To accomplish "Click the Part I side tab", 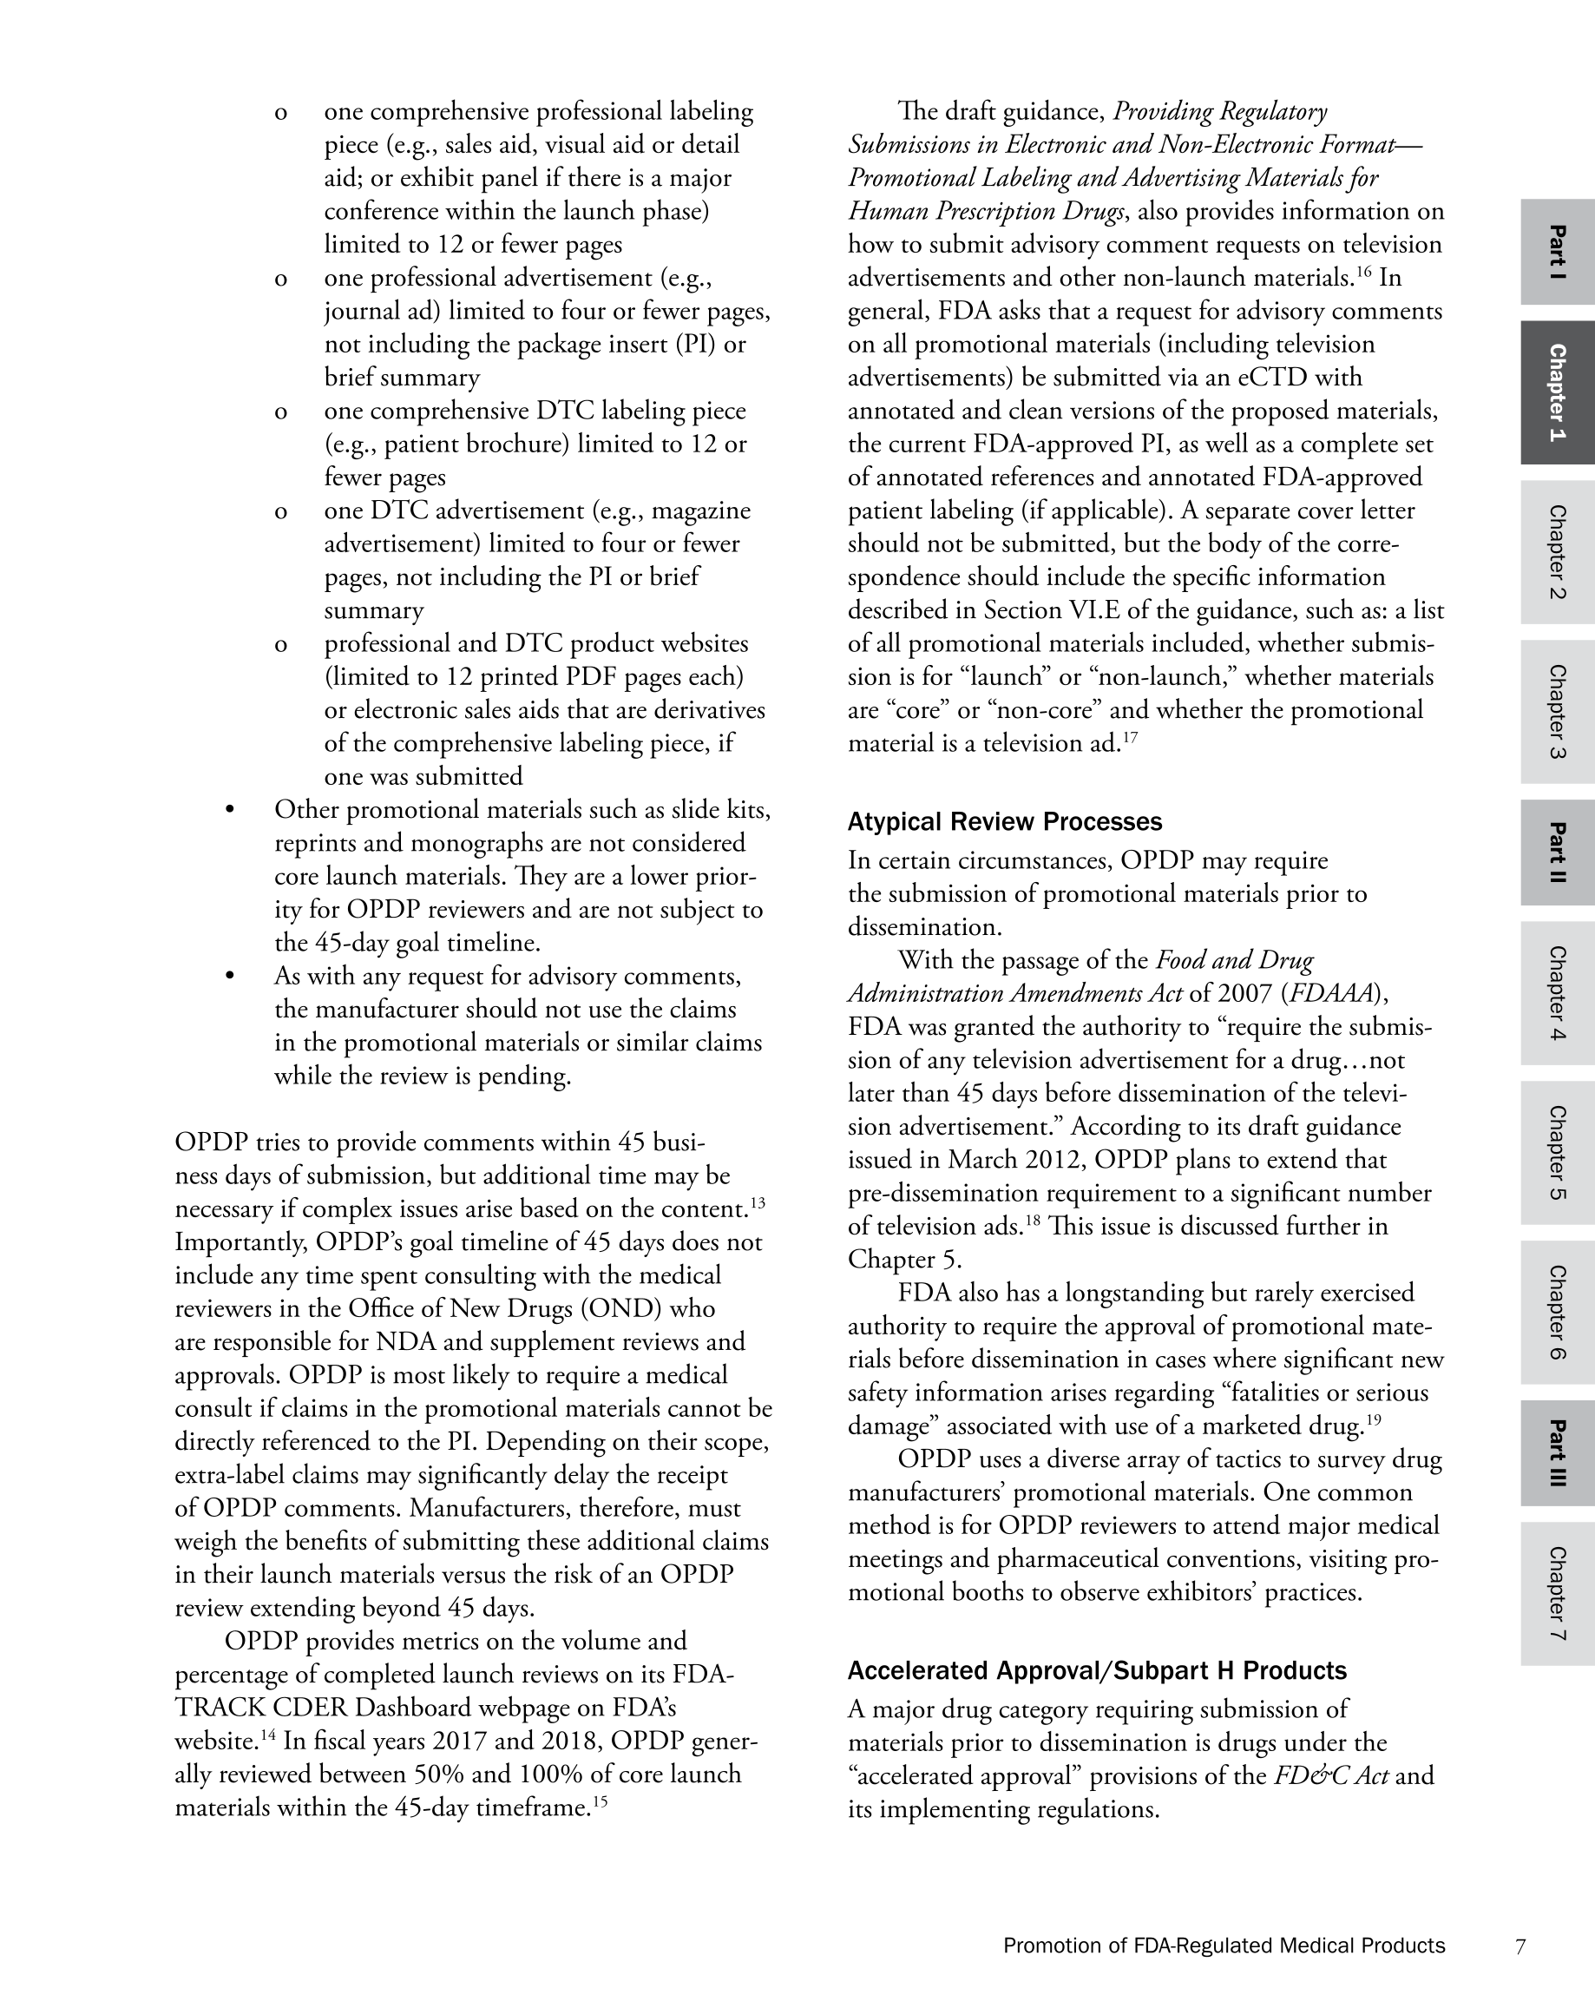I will coord(1557,252).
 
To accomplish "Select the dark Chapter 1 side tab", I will coord(1557,392).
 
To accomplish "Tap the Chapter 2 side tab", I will coord(1557,551).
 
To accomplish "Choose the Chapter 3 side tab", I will coord(1557,712).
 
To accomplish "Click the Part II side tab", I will coord(1557,853).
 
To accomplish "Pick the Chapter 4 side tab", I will coord(1557,993).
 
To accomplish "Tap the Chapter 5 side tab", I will coord(1557,1153).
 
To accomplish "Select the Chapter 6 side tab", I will coord(1557,1312).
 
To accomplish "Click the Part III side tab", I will coord(1557,1452).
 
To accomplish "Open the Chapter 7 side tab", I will coord(1557,1593).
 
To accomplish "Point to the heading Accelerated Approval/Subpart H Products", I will coord(1096,1670).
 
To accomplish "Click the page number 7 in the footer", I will coord(1520,1946).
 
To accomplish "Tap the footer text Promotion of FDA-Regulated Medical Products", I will coord(1223,1946).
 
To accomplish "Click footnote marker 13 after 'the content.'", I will coord(758,1203).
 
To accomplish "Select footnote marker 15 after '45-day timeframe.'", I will coord(600,1801).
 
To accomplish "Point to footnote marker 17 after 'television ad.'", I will coord(1130,737).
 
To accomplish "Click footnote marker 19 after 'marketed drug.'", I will coord(1373,1419).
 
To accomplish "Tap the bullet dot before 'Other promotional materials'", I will coord(229,811).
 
